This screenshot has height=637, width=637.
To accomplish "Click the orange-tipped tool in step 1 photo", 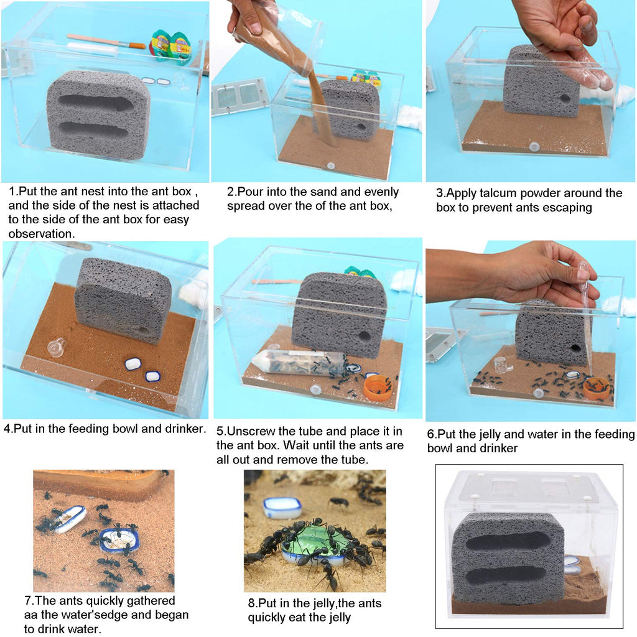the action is coord(106,41).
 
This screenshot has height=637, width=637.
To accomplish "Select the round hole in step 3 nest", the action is coord(564,98).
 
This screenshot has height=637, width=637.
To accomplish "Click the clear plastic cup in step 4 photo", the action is coord(57,347).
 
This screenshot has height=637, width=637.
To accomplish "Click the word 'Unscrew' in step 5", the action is coord(251,431).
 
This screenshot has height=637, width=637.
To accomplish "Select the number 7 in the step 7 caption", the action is coord(28,600).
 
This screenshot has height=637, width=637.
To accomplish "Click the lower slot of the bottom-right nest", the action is coord(505,577).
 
